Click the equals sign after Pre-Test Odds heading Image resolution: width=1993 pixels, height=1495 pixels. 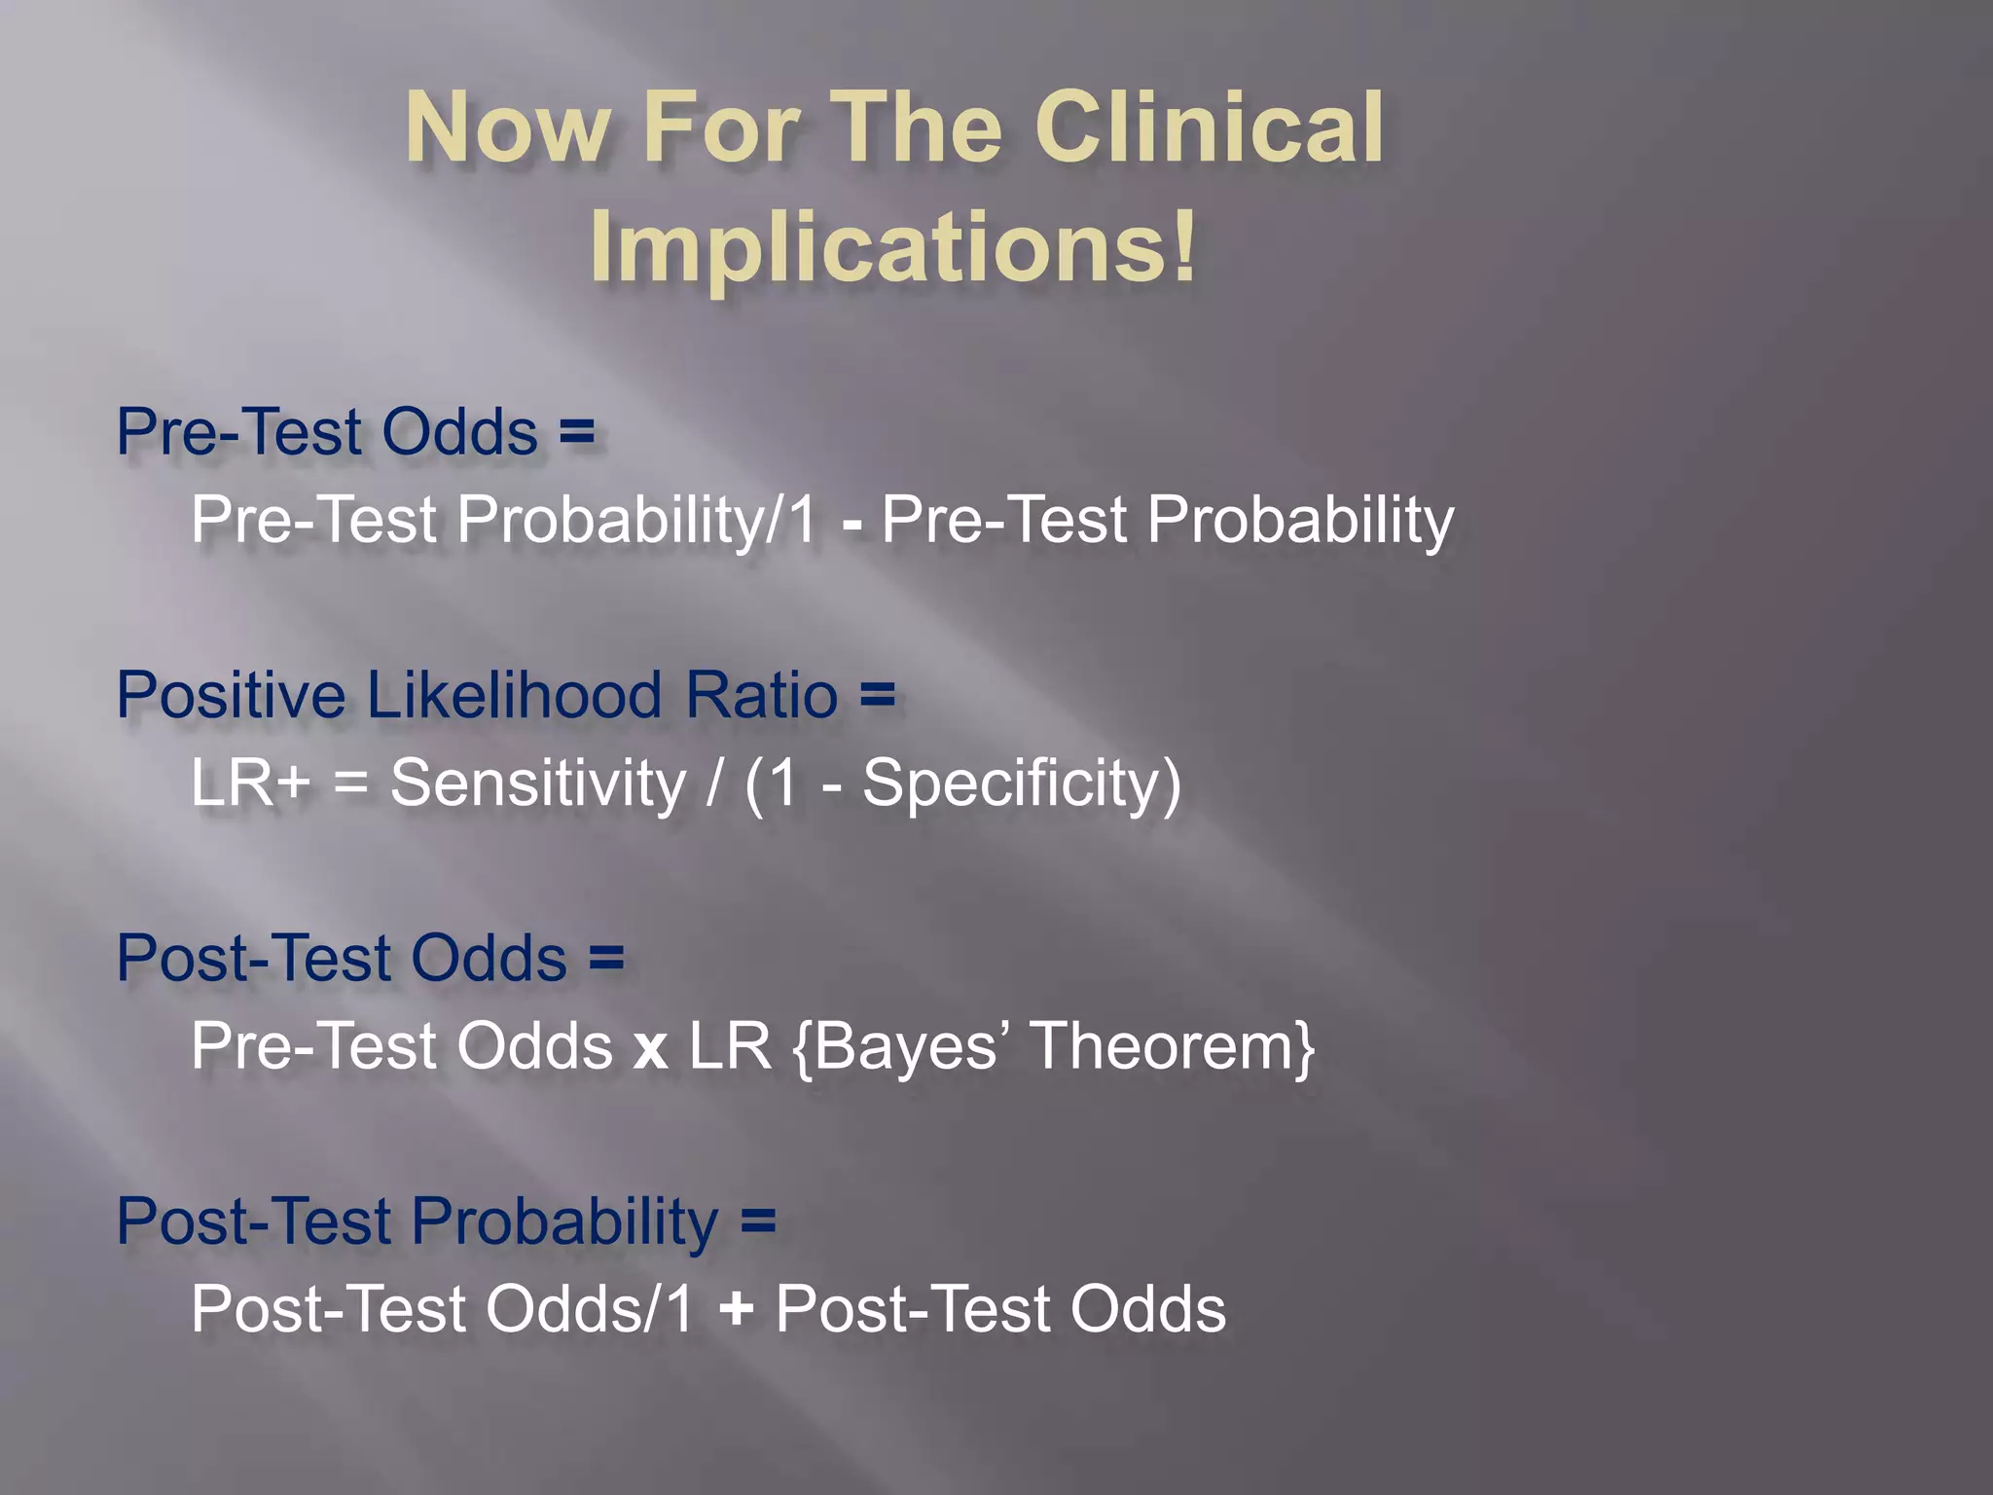coord(577,432)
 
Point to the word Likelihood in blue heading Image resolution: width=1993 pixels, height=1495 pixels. coord(514,695)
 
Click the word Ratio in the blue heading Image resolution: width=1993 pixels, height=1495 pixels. coord(761,695)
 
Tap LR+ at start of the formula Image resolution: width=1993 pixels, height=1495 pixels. coord(250,784)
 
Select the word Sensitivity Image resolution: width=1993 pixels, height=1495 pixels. coord(538,784)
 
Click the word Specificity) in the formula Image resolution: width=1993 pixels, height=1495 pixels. coord(1022,784)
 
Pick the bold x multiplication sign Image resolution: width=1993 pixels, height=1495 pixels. coord(650,1049)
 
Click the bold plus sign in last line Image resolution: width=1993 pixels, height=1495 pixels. coord(736,1310)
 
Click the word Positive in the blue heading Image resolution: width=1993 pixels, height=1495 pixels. coord(231,695)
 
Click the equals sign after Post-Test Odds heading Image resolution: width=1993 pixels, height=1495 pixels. coord(606,958)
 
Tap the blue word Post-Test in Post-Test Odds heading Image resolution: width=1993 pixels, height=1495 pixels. coord(253,958)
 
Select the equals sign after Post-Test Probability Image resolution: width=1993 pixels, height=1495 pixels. coord(758,1221)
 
